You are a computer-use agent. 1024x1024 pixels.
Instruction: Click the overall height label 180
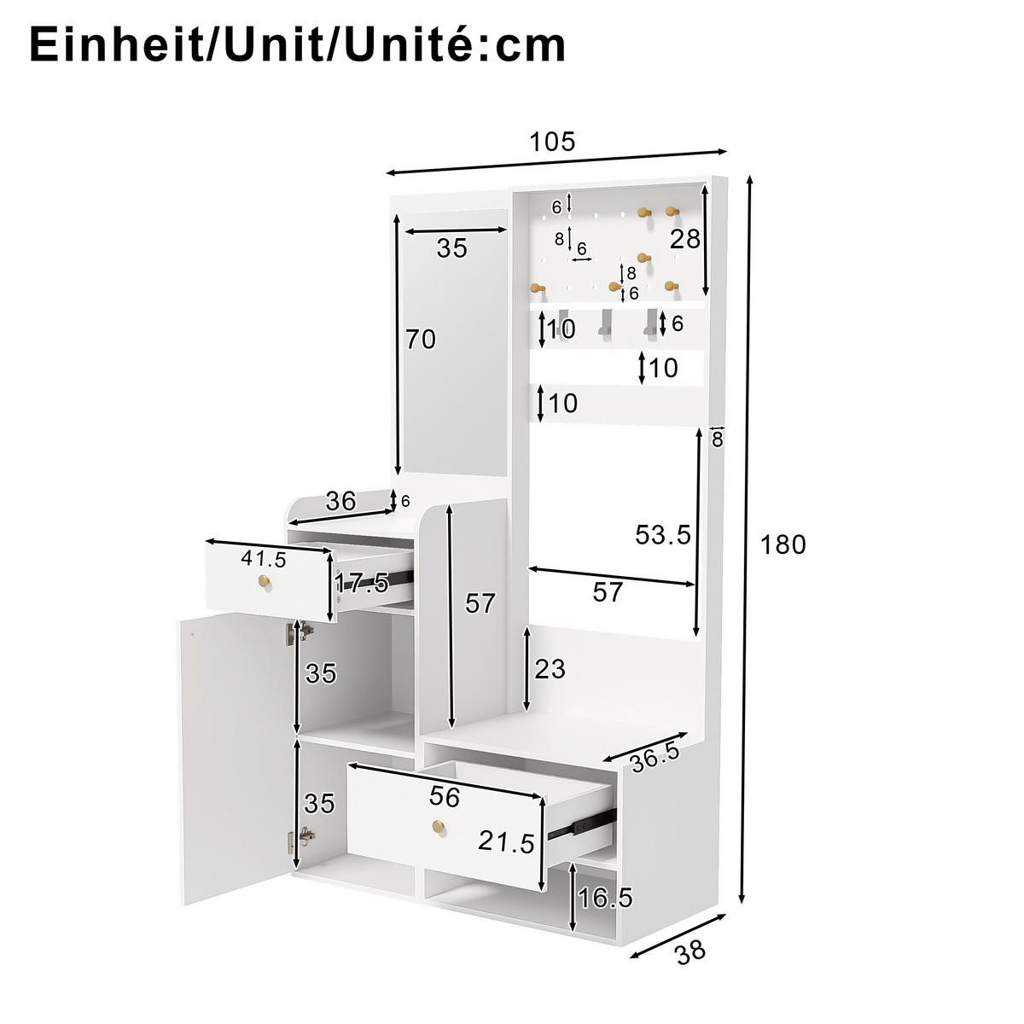click(x=783, y=544)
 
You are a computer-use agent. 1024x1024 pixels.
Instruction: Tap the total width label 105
click(x=552, y=142)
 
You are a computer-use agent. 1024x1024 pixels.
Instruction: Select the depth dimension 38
click(x=690, y=951)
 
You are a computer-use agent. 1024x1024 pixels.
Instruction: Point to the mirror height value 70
click(x=421, y=340)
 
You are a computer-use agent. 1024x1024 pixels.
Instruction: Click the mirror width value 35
click(x=452, y=248)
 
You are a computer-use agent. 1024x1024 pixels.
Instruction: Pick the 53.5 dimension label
click(x=663, y=535)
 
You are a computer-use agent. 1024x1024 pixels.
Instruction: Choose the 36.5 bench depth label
click(x=655, y=755)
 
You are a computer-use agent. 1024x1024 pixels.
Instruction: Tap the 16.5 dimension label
click(x=604, y=898)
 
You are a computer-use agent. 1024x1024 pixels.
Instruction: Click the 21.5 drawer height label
click(x=506, y=841)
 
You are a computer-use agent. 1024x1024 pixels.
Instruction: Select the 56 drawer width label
click(x=445, y=797)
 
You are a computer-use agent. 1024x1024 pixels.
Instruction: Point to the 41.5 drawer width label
click(x=263, y=559)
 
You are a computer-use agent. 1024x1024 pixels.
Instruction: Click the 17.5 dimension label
click(x=361, y=584)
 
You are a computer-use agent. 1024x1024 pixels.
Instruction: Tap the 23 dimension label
click(x=550, y=669)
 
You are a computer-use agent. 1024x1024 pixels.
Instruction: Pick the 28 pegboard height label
click(x=684, y=239)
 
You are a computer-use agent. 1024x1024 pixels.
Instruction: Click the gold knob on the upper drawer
click(x=264, y=582)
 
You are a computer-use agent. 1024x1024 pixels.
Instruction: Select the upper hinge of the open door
click(x=303, y=631)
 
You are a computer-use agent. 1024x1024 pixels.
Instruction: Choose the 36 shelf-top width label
click(x=340, y=501)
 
